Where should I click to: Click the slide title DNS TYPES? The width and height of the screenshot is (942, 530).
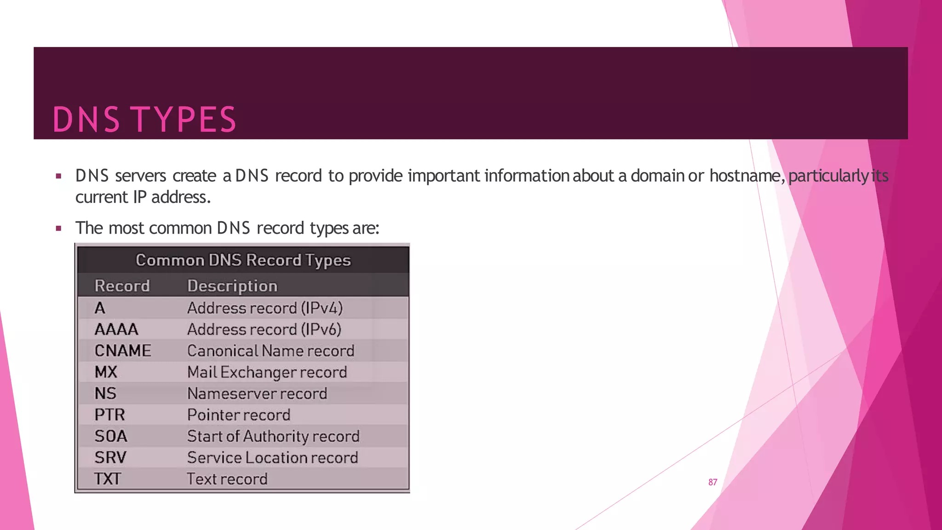point(144,120)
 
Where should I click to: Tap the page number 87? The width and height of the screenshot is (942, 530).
point(712,482)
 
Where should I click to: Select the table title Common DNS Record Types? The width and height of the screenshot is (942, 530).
point(243,260)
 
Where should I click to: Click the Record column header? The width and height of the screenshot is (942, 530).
point(122,286)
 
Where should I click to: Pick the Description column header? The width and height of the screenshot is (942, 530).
point(232,286)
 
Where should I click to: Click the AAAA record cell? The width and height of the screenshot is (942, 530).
point(116,329)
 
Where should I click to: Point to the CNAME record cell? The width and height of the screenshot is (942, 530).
point(123,351)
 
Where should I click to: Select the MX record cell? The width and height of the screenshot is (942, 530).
point(106,372)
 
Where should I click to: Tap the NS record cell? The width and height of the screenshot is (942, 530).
point(105,393)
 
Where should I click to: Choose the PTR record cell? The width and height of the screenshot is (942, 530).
point(109,415)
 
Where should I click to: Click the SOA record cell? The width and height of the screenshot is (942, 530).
point(111,436)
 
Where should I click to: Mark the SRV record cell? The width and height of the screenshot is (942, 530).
point(110,457)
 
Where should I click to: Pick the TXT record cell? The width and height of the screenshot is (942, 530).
point(108,479)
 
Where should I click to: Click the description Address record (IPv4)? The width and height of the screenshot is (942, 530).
point(265,308)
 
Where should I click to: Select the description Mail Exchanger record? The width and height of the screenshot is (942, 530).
point(267,372)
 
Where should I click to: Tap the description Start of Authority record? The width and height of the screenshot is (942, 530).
point(273,436)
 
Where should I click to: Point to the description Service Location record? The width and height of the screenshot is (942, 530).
point(272,457)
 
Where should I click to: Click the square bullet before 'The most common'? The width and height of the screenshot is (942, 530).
point(58,228)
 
